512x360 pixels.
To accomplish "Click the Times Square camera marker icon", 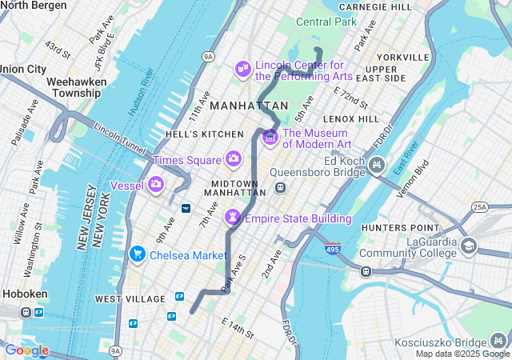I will [234, 158].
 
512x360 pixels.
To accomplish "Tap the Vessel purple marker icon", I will [156, 185].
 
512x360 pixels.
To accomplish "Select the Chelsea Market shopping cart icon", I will [138, 254].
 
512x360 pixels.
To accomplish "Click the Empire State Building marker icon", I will [233, 217].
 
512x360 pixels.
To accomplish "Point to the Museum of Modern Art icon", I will [270, 138].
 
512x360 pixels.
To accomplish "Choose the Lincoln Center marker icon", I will [242, 70].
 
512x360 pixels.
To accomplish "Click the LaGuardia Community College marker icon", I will [469, 246].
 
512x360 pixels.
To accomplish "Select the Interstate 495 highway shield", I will [332, 250].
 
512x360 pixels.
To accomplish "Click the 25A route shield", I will [480, 207].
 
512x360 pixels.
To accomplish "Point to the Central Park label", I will [326, 22].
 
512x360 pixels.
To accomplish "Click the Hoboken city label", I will [25, 294].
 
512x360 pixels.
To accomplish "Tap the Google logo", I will [26, 350].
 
